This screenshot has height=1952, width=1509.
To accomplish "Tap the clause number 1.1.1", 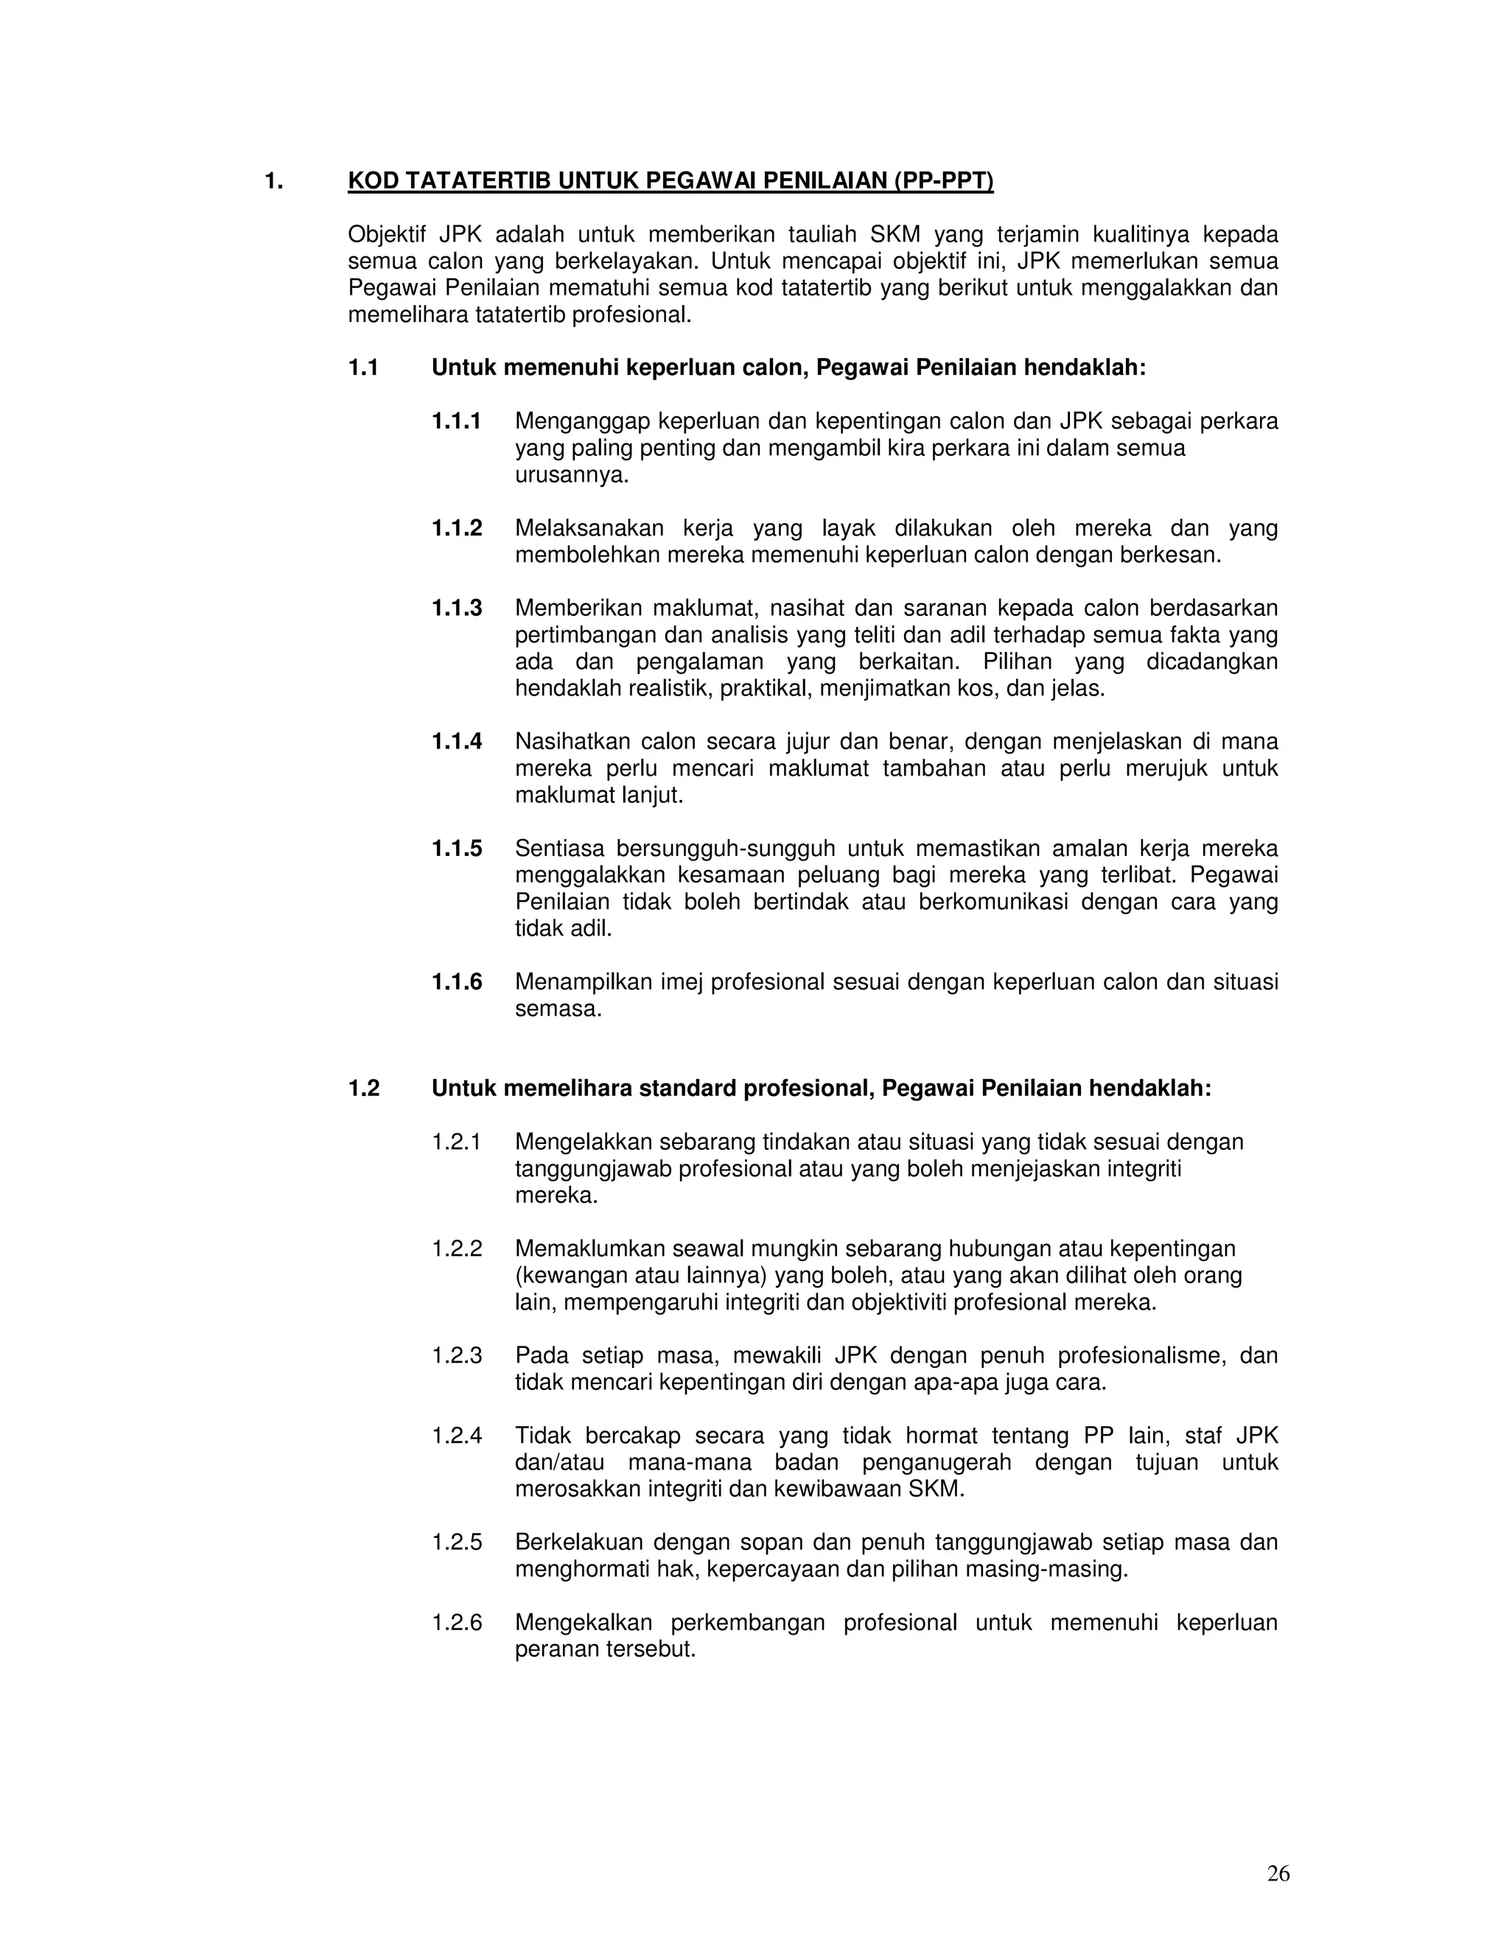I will coord(456,421).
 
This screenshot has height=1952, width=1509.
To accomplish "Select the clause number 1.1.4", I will coord(456,742).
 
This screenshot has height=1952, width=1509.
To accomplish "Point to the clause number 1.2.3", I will coord(456,1356).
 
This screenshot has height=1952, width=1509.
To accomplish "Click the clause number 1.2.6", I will coord(456,1623).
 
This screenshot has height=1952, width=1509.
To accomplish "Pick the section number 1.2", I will coord(364,1089).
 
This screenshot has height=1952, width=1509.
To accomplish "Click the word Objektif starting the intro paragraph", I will coord(386,235).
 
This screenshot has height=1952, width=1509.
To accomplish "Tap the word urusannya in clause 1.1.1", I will coord(571,474).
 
